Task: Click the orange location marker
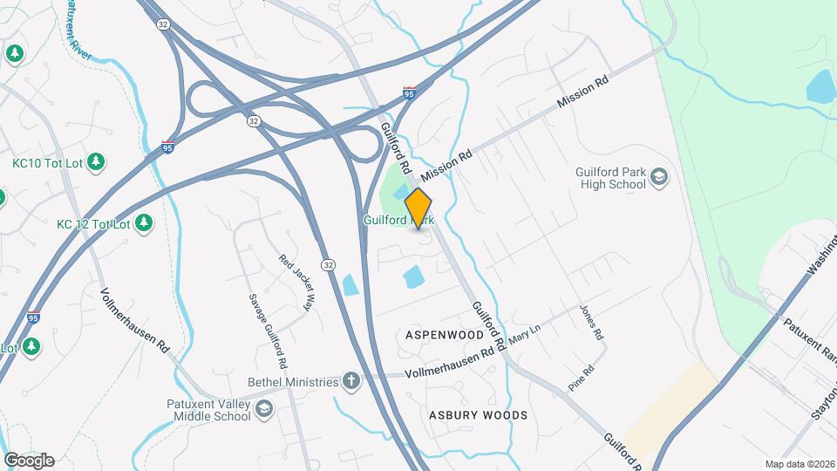418,208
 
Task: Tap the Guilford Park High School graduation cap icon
660,178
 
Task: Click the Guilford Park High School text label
610,178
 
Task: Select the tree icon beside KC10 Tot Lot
96,161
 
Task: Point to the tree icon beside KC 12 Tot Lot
143,224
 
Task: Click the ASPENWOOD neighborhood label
445,334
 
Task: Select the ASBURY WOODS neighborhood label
478,415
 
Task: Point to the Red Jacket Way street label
296,283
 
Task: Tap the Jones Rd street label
592,323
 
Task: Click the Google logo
29,460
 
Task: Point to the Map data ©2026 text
799,464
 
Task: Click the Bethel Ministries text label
292,382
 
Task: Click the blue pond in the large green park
821,85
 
